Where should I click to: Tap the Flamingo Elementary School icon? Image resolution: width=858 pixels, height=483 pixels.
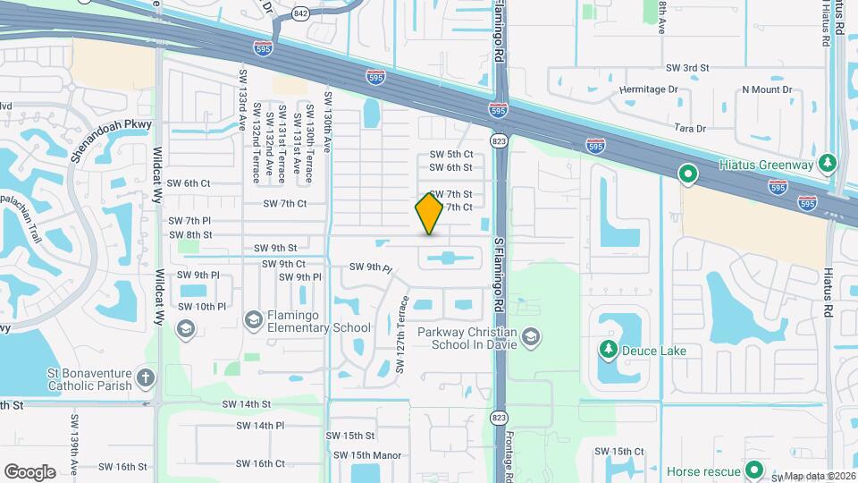coord(253,319)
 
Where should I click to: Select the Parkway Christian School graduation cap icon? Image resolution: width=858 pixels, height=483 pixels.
coord(531,336)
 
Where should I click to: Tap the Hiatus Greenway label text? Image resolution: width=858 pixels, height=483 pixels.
coord(766,165)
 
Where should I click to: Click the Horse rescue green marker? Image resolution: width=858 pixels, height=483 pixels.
coord(754,470)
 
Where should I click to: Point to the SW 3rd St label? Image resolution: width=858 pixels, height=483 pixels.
coord(686,68)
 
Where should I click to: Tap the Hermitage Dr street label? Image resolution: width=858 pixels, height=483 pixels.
coord(648,89)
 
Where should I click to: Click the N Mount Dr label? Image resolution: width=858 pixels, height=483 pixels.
coord(767,89)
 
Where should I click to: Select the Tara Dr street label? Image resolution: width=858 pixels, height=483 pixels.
coord(690,129)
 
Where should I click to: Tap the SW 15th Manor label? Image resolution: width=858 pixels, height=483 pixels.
coord(367,455)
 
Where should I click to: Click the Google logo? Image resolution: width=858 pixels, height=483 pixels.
coord(29,471)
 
